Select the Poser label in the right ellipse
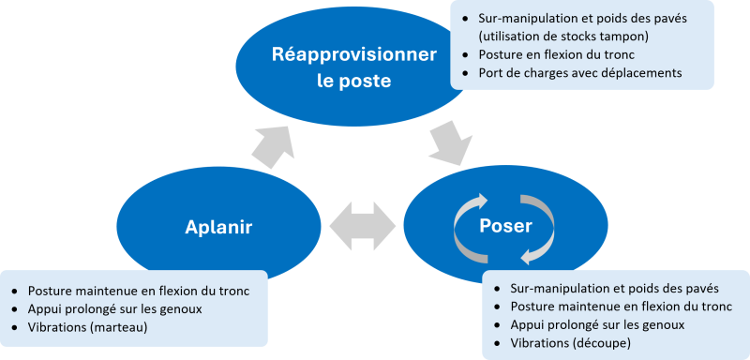[506, 227]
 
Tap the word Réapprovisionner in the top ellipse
[353, 54]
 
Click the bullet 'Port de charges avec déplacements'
[579, 72]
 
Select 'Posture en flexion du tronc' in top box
[556, 54]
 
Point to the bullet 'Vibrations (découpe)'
[570, 343]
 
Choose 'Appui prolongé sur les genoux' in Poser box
[596, 324]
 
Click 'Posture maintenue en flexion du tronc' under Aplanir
[138, 291]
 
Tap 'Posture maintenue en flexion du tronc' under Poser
[621, 307]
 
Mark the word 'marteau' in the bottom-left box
[126, 326]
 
